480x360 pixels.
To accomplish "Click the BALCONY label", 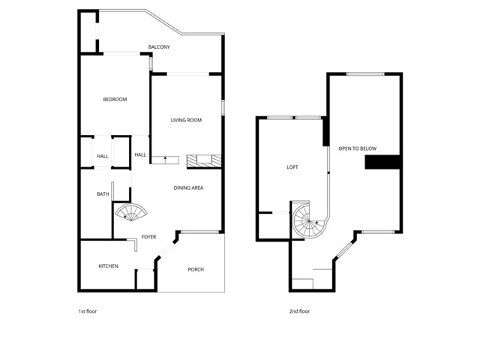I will click(159, 47).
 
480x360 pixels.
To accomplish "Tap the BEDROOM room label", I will click(115, 100).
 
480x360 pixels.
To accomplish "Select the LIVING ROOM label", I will click(187, 120).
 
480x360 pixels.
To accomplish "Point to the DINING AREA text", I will click(189, 187).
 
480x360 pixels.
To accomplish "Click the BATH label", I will click(103, 194).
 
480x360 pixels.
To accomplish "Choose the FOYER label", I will click(149, 237).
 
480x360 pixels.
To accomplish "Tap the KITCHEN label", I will click(109, 266).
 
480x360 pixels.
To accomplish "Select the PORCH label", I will click(196, 269).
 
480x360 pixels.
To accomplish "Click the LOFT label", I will click(292, 167).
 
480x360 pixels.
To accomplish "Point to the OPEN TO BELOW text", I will click(357, 148).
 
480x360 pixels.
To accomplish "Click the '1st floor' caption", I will click(88, 311).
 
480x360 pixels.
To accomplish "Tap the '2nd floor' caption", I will click(299, 311).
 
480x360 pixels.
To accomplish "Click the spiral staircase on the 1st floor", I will click(133, 214).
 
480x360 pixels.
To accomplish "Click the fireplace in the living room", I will click(204, 160).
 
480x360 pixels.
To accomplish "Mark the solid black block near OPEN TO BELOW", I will click(382, 162).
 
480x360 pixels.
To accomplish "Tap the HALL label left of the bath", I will click(103, 156).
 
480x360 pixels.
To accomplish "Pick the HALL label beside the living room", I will click(140, 155).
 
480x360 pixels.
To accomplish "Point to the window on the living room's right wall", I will click(223, 106).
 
